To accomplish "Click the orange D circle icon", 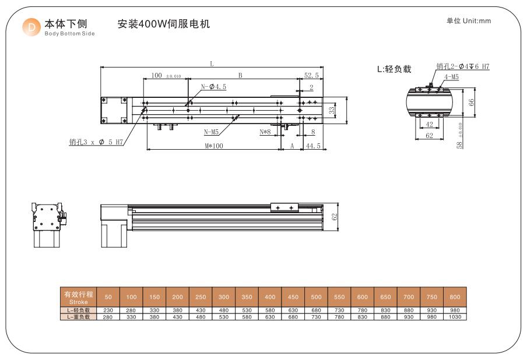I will tap(30, 27).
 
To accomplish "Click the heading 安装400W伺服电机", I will tap(163, 24).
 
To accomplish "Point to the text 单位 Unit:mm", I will tap(469, 21).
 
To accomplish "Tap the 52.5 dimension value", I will tap(311, 75).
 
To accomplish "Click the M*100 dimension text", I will tap(213, 146).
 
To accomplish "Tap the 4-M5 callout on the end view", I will tap(451, 76).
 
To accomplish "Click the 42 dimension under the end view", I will tap(428, 124).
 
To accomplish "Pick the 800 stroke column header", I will tap(455, 298).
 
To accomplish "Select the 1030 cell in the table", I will tap(455, 317).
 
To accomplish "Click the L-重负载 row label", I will tap(78, 317).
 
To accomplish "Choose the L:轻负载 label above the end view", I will tap(394, 69).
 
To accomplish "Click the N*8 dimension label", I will tap(265, 132).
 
